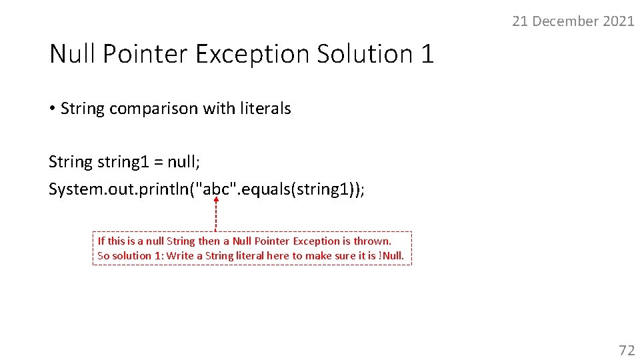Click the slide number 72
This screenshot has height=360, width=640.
[627, 350]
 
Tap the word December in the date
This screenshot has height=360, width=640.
[566, 21]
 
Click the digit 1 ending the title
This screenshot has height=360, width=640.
[427, 53]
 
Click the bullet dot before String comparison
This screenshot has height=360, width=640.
[52, 109]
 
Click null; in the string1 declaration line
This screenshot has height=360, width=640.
[183, 162]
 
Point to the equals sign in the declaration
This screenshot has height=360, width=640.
[157, 162]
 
